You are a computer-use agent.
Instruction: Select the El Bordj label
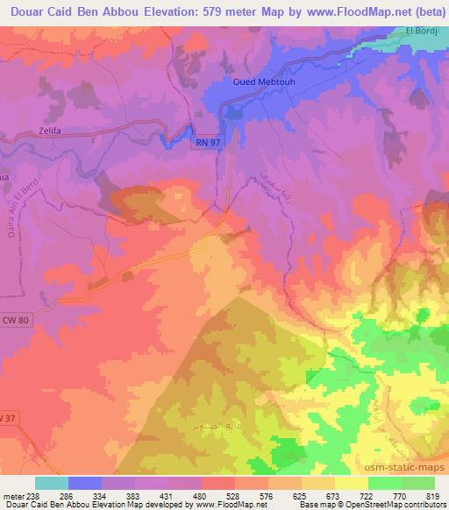pyautogui.click(x=420, y=32)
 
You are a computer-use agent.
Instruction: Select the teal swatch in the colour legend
pyautogui.click(x=52, y=483)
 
